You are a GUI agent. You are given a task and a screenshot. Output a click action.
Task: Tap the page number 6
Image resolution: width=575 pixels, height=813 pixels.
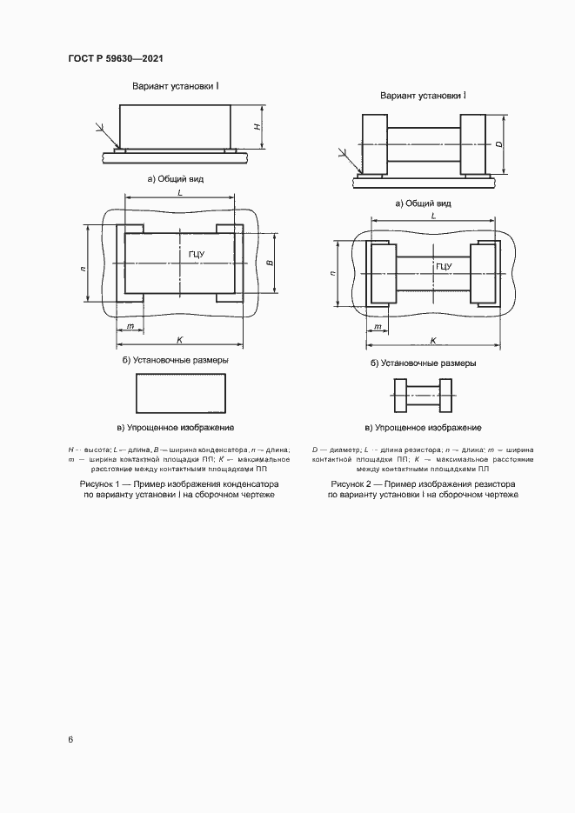[70, 739]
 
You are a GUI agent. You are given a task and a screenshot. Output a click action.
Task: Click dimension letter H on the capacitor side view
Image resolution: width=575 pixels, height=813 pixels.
[257, 127]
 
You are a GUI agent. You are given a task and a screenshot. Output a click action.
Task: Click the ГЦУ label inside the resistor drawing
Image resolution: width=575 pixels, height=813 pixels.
[443, 266]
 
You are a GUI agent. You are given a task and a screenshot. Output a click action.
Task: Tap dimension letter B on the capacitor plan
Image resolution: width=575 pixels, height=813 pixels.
[270, 262]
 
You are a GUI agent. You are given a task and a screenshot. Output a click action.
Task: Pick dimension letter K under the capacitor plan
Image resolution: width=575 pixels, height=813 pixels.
[178, 337]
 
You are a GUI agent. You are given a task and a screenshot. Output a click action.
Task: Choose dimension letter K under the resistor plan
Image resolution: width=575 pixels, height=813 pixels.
[432, 342]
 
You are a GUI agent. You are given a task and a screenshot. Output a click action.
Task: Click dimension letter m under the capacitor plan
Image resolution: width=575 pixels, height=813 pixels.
[130, 326]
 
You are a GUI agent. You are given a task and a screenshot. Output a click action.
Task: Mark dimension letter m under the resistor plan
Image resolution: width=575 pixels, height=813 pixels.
[378, 328]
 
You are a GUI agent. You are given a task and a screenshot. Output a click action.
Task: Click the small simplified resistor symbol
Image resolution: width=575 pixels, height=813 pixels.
[422, 397]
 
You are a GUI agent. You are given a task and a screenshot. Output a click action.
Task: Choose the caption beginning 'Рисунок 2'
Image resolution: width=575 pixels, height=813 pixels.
[423, 488]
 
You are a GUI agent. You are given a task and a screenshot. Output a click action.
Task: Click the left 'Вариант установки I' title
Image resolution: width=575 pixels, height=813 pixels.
[175, 87]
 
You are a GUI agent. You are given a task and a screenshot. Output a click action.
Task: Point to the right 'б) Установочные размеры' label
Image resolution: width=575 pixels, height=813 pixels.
[423, 363]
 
